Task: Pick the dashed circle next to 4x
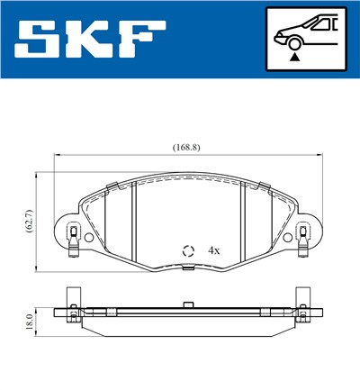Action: point(188,251)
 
